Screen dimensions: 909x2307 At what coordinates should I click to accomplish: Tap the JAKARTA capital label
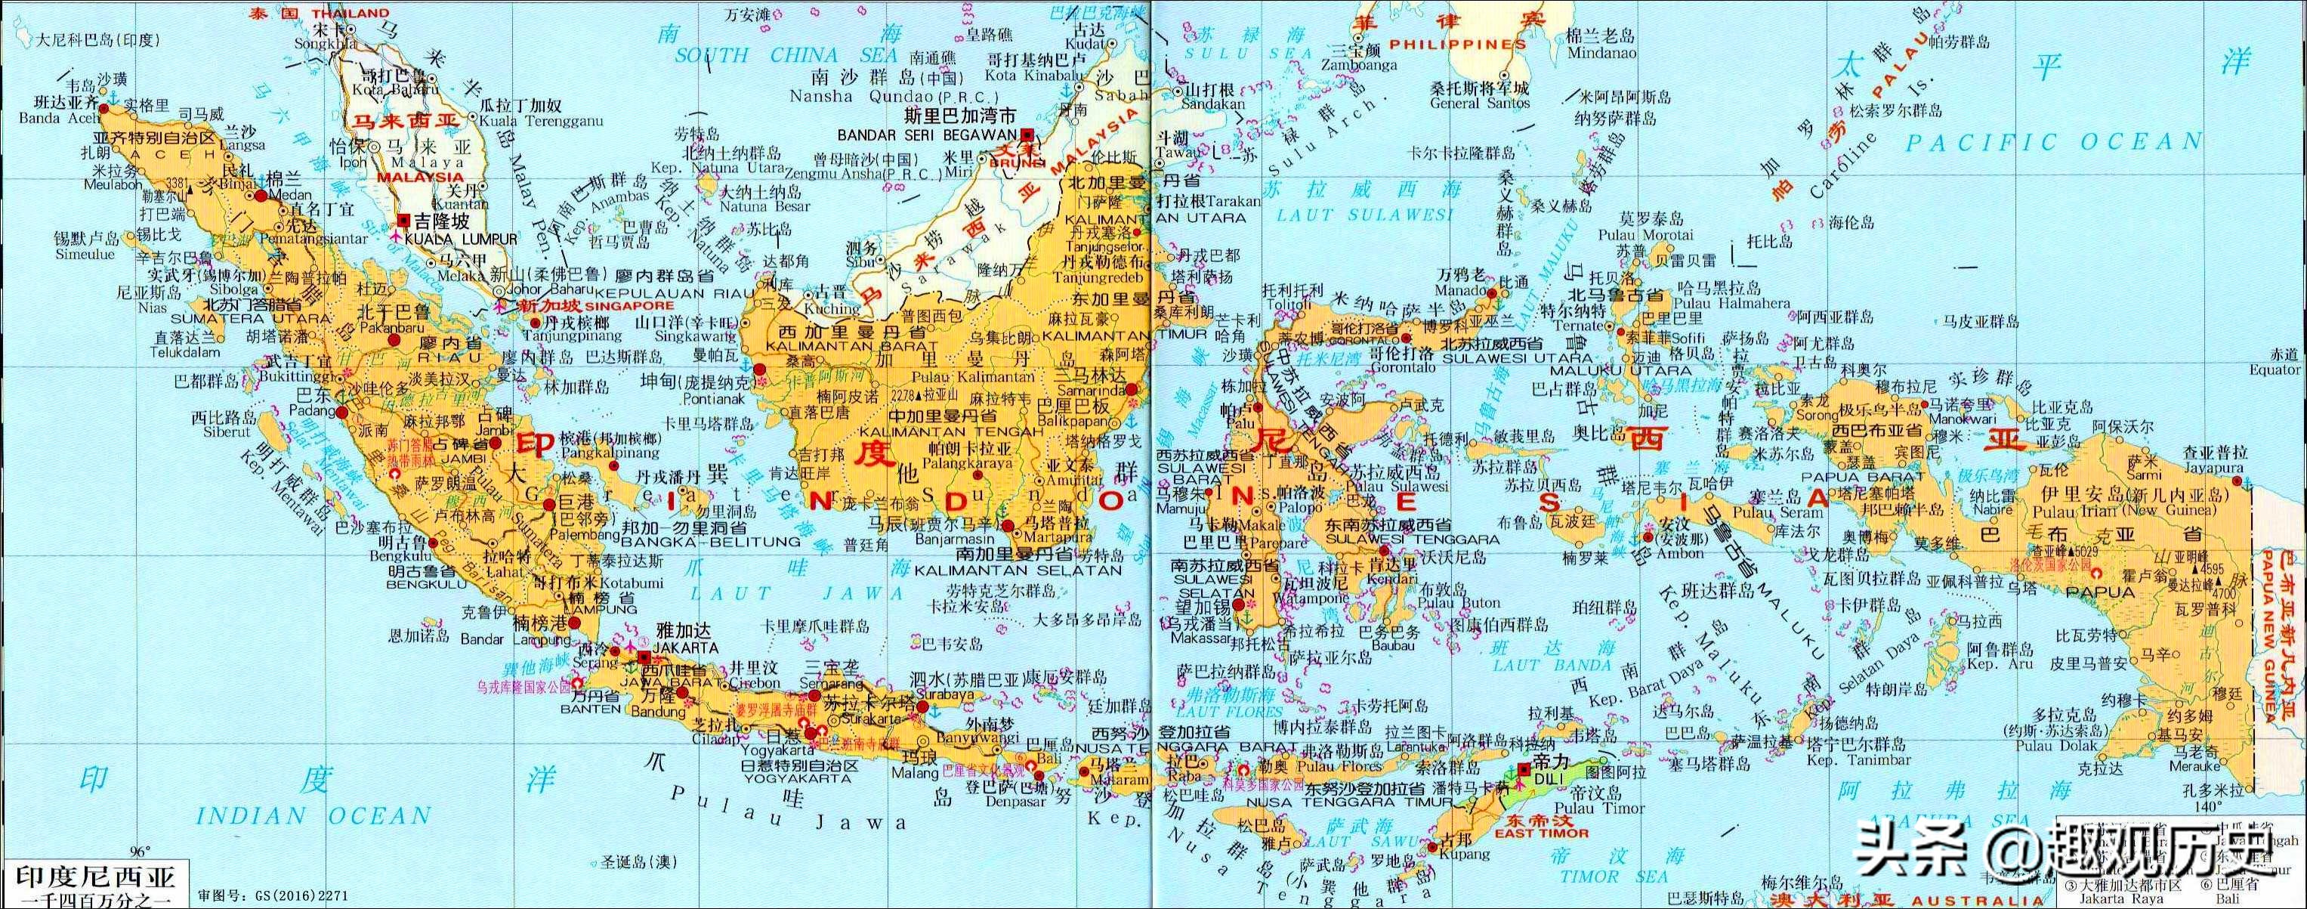coord(686,647)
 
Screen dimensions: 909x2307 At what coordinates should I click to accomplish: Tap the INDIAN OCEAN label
coord(313,816)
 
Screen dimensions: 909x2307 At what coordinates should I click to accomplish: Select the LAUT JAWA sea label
coord(796,593)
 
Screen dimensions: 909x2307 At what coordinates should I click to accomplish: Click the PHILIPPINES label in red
coord(1457,44)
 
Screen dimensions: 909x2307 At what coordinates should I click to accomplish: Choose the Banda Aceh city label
coord(59,118)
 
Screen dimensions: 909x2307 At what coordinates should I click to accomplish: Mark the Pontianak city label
coord(713,398)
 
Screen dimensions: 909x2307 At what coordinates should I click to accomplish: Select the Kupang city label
coord(1465,855)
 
